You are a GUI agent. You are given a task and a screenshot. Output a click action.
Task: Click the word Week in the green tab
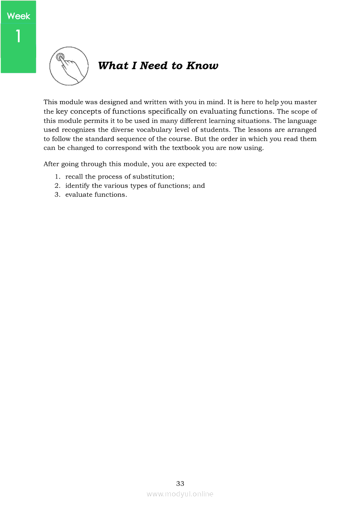pyautogui.click(x=19, y=16)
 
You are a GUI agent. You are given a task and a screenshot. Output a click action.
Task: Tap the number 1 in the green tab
pyautogui.click(x=18, y=36)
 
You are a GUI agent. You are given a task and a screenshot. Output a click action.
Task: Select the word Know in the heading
pyautogui.click(x=202, y=66)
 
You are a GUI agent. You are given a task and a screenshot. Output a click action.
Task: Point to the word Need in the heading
pyautogui.click(x=154, y=66)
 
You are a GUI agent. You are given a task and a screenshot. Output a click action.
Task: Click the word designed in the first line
pyautogui.click(x=114, y=102)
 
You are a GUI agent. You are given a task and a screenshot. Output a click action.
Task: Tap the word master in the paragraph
pyautogui.click(x=305, y=102)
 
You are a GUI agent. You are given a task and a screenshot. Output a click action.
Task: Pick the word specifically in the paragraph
pyautogui.click(x=158, y=111)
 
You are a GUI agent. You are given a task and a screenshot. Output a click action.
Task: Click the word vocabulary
pyautogui.click(x=185, y=130)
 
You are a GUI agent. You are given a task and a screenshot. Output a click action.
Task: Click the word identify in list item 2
pyautogui.click(x=78, y=185)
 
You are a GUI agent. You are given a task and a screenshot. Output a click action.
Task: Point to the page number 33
pyautogui.click(x=180, y=483)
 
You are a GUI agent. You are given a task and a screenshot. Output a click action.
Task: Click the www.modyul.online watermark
pyautogui.click(x=180, y=494)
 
